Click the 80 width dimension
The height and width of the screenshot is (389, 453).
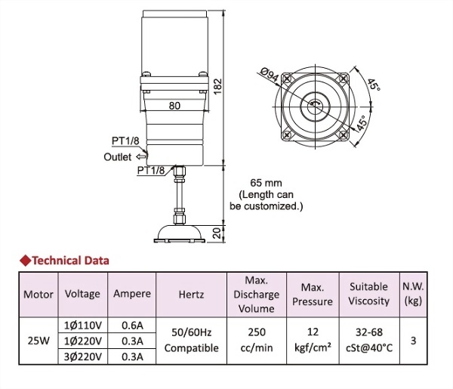point(174,106)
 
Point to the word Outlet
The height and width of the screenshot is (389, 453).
point(118,157)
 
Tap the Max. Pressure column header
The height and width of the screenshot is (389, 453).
point(312,295)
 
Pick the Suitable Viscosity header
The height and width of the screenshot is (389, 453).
point(368,294)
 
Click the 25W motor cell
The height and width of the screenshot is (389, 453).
point(37,341)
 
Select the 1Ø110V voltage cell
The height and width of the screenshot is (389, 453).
point(82,326)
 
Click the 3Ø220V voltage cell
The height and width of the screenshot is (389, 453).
point(82,357)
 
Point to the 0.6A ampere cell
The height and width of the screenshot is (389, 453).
point(131,326)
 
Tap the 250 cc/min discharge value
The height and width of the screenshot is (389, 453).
point(256,341)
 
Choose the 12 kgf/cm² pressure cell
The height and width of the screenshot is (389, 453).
point(312,341)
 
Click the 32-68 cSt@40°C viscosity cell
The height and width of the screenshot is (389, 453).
point(368,341)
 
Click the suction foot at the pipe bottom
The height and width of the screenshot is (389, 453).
point(179,232)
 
